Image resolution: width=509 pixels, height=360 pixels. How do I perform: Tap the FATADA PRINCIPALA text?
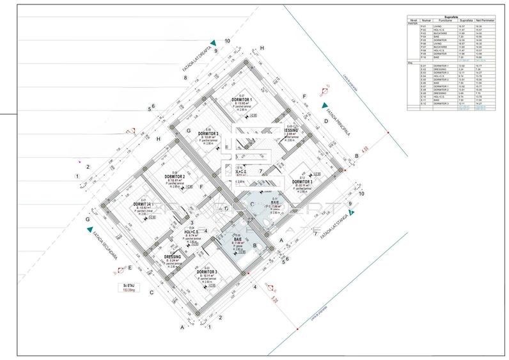[328, 126]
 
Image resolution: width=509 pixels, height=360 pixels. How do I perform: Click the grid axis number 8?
[185, 78]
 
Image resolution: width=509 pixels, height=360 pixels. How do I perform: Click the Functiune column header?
[455, 20]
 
